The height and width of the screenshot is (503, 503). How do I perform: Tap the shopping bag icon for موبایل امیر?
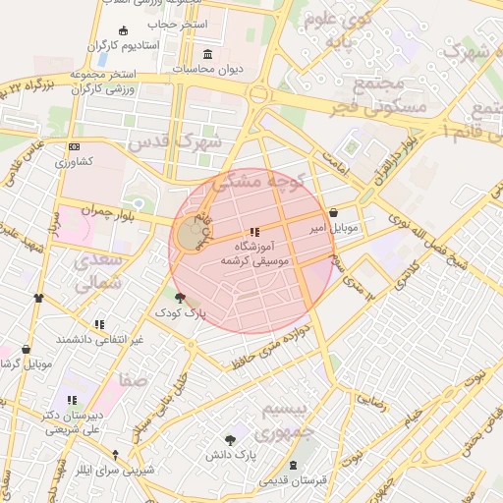click(335, 212)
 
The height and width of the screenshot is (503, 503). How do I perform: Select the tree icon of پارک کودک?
click(179, 297)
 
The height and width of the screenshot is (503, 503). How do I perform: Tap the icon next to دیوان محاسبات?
click(207, 54)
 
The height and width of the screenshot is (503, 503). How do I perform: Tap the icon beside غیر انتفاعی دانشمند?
click(99, 324)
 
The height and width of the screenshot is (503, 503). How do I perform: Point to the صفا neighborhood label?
click(134, 378)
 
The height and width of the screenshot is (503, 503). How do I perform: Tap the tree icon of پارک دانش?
click(231, 439)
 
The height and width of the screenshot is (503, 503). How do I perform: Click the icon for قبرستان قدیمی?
click(294, 466)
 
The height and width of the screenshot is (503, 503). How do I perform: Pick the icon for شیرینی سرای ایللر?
click(116, 455)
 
